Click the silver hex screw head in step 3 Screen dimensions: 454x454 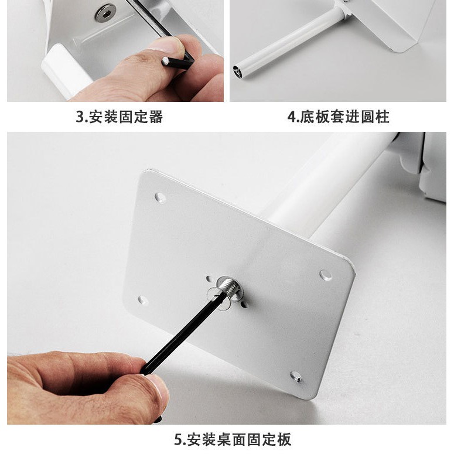(104, 12)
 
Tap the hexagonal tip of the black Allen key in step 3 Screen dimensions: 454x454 (166, 61)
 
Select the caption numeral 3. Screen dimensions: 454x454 (79, 117)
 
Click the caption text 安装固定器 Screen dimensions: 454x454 (126, 117)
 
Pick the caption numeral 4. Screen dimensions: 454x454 (291, 117)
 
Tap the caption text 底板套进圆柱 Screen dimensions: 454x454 (344, 117)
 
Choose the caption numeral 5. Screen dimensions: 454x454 (177, 439)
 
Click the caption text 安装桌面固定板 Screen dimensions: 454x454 (239, 439)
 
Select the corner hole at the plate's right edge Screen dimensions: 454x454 (326, 275)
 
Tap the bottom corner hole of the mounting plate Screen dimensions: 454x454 (296, 377)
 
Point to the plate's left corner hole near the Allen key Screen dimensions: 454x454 (143, 301)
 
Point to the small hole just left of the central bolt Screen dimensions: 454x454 (209, 279)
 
